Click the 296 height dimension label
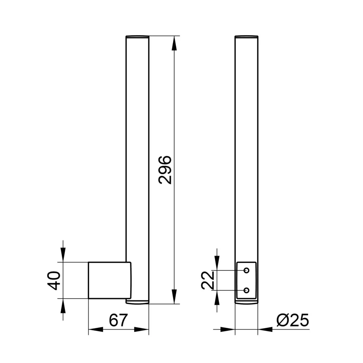(x=165, y=170)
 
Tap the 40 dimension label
(x=54, y=280)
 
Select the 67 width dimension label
(x=118, y=320)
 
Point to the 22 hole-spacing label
(x=208, y=280)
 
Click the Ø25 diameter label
(x=292, y=320)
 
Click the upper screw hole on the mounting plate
(x=247, y=270)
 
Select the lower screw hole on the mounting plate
(x=247, y=290)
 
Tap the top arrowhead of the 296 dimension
(x=174, y=43)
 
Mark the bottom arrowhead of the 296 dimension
(x=174, y=297)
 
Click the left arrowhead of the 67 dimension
(x=96, y=329)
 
